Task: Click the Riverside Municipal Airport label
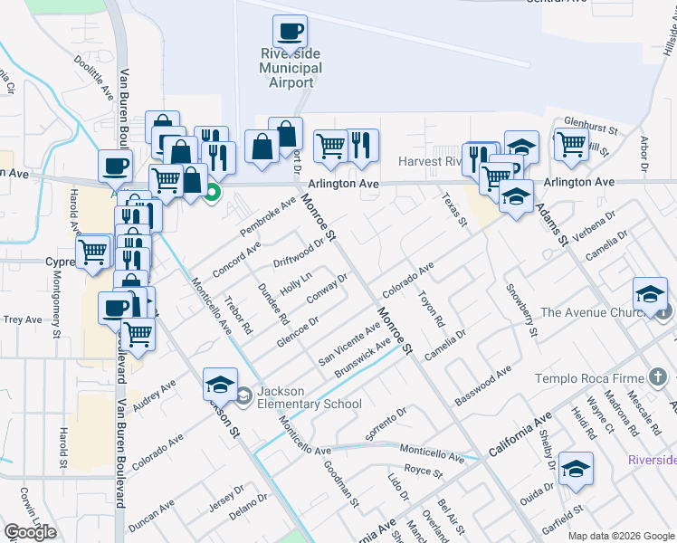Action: tap(291, 68)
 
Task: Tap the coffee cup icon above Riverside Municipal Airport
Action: tap(291, 32)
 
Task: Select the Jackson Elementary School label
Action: tap(309, 397)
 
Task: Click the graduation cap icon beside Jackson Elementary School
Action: tap(220, 386)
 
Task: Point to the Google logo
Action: tap(30, 532)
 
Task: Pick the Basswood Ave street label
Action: tap(483, 385)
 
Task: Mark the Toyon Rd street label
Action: tap(432, 309)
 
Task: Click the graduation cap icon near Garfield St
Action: tap(576, 469)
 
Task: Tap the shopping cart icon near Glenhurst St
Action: tap(571, 142)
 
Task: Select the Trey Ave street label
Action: tap(23, 319)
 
